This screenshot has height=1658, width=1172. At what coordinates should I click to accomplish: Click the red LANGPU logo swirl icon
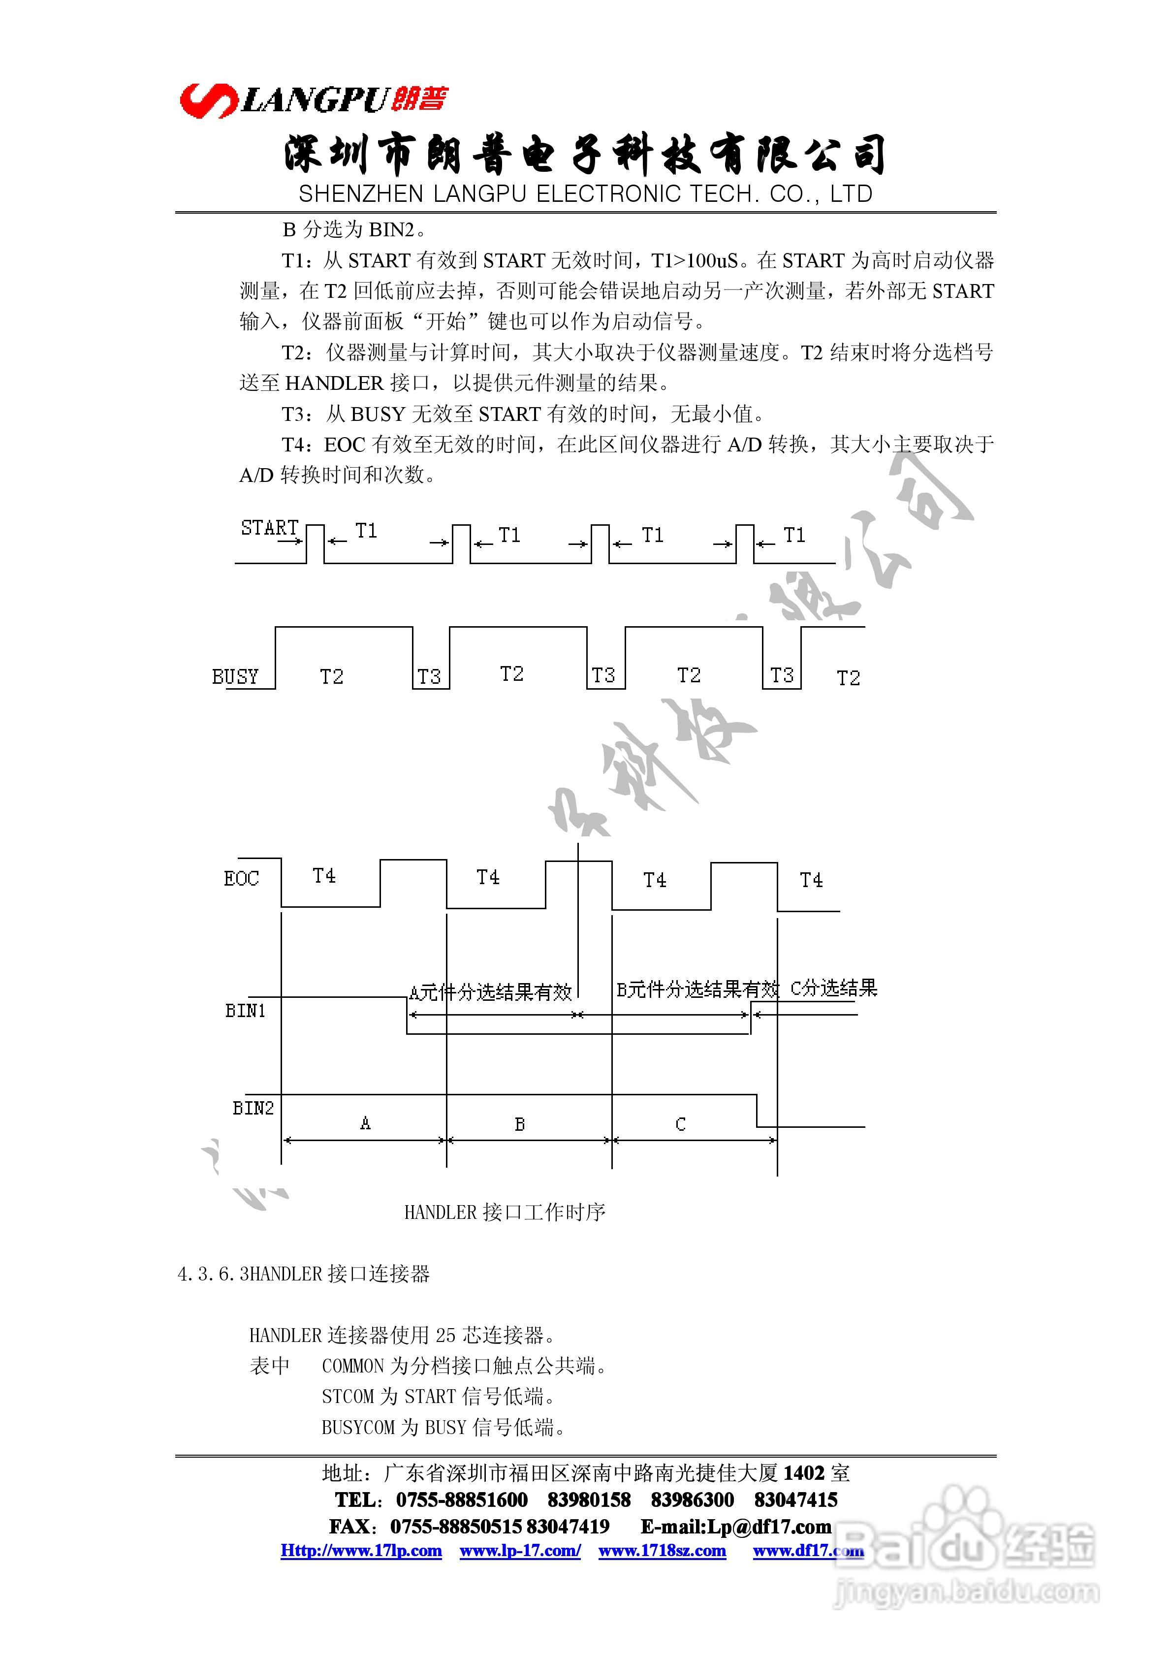[x=208, y=100]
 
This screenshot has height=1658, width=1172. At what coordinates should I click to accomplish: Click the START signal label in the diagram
[x=269, y=528]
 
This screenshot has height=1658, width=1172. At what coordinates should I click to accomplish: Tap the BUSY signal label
[x=235, y=676]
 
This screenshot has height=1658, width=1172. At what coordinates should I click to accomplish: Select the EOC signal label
[x=241, y=879]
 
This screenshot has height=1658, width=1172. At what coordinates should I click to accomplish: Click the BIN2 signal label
[x=253, y=1108]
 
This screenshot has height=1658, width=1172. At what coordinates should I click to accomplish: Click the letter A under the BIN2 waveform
[x=365, y=1123]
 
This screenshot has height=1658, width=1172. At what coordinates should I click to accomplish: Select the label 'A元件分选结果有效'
[x=490, y=993]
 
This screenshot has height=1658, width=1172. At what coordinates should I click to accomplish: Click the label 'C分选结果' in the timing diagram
[x=833, y=988]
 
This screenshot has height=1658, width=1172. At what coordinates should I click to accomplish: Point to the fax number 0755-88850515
[x=456, y=1526]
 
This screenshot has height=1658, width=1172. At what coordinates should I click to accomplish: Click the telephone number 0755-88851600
[x=461, y=1500]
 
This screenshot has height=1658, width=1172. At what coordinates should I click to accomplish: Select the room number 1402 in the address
[x=804, y=1473]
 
